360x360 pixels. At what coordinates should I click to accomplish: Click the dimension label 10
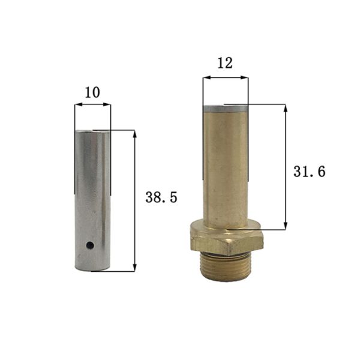point(92,92)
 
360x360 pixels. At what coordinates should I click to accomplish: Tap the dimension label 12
point(225,63)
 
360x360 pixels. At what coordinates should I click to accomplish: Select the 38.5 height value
point(161,197)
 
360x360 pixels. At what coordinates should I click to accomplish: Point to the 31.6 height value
point(309,172)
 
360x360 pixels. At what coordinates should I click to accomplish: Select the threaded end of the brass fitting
point(225,266)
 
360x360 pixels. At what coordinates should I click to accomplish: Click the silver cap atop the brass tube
point(225,109)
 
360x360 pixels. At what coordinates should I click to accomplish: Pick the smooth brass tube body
point(225,168)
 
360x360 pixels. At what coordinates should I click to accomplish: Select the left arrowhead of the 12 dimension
point(205,77)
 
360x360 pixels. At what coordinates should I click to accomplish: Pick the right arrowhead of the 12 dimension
point(245,77)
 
